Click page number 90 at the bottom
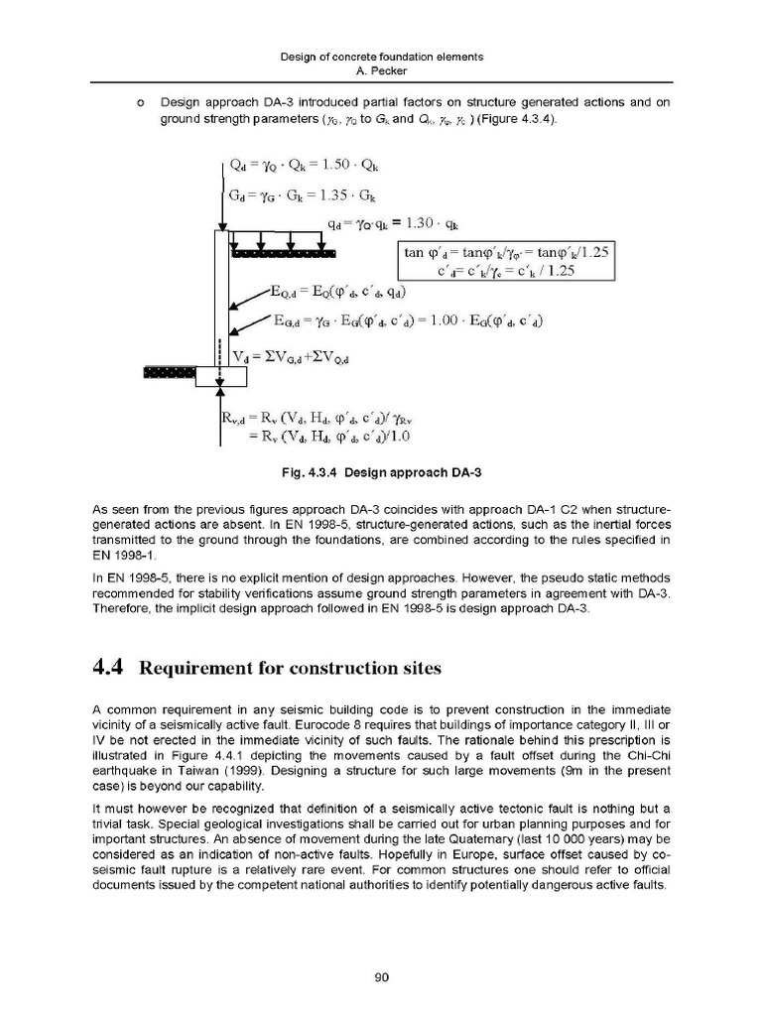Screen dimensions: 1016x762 tap(380, 977)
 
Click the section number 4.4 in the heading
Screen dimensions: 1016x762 tap(104, 667)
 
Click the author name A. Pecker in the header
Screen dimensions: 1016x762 tap(381, 70)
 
